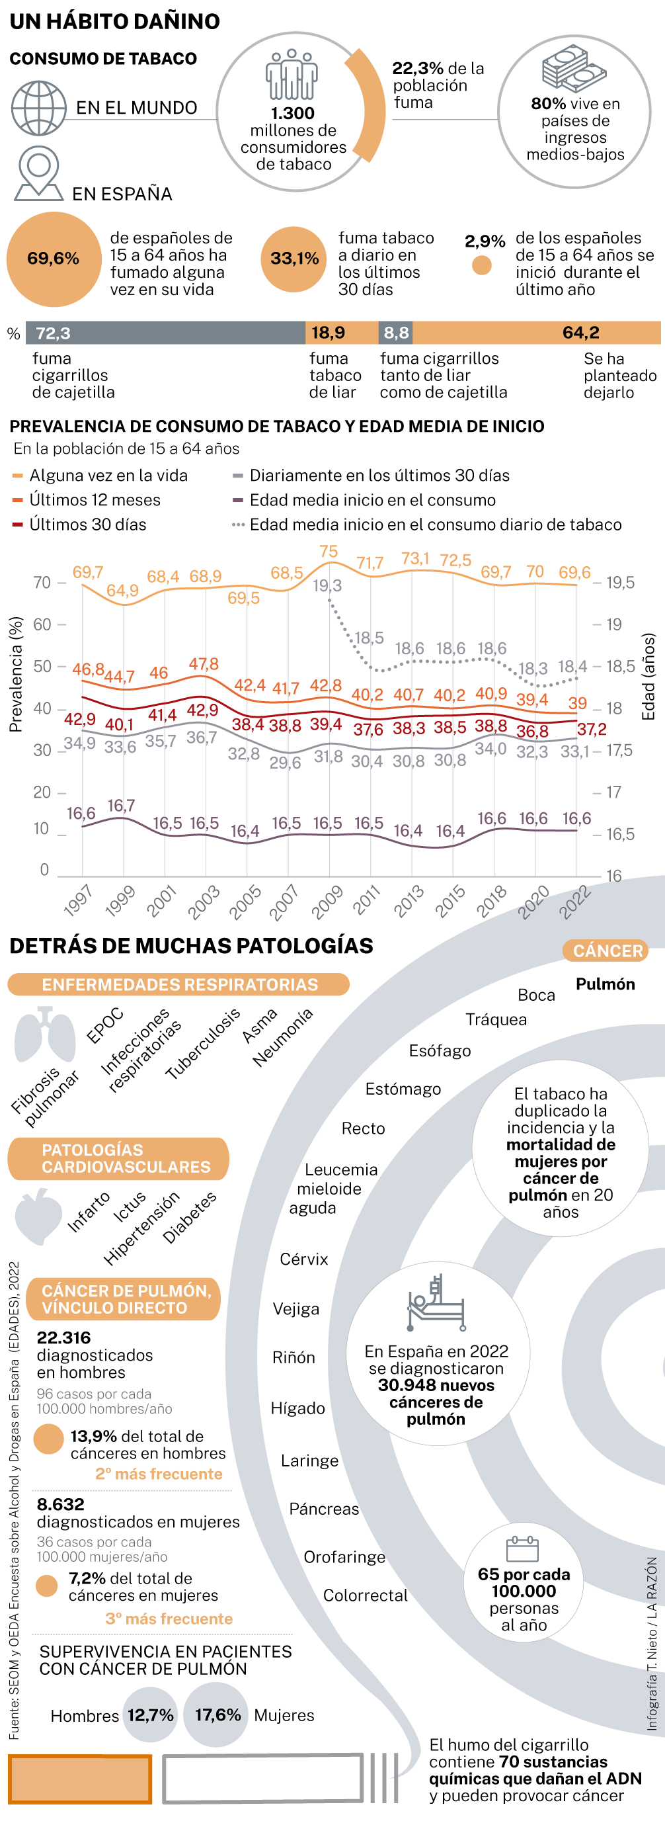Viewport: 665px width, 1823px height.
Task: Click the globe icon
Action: pyautogui.click(x=39, y=108)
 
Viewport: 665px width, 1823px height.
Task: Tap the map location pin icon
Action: pyautogui.click(x=39, y=173)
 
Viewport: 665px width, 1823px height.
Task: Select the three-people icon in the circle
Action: pyautogui.click(x=292, y=74)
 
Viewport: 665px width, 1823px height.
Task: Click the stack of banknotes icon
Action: pyautogui.click(x=574, y=69)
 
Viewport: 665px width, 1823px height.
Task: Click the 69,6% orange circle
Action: pyautogui.click(x=54, y=259)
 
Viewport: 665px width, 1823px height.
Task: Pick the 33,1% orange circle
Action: pyautogui.click(x=293, y=259)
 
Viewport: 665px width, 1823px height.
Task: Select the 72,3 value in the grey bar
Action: pyautogui.click(x=53, y=333)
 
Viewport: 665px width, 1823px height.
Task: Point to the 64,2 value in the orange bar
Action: pyautogui.click(x=580, y=333)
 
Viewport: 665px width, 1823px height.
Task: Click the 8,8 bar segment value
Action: pyautogui.click(x=396, y=333)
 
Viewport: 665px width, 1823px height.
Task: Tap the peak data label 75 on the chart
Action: pyautogui.click(x=329, y=551)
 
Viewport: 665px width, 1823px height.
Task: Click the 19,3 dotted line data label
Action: pyautogui.click(x=327, y=585)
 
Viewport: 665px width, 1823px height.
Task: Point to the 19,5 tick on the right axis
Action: pyautogui.click(x=620, y=583)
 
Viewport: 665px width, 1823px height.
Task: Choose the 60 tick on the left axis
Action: pyautogui.click(x=42, y=624)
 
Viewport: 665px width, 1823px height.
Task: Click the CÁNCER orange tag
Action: pyautogui.click(x=607, y=951)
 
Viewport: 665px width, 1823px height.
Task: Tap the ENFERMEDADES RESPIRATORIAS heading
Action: pyautogui.click(x=179, y=984)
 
